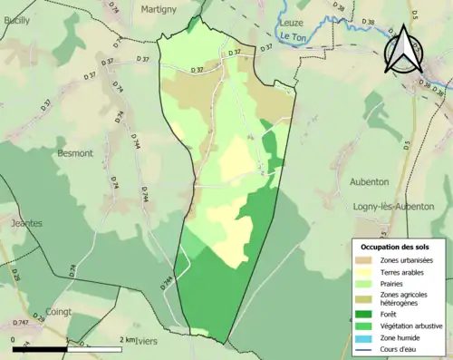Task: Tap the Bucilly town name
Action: coord(16,20)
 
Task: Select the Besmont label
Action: coord(75,153)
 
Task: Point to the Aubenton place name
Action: coord(369,181)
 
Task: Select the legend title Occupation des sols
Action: coord(396,247)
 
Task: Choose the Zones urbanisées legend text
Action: coord(407,260)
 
